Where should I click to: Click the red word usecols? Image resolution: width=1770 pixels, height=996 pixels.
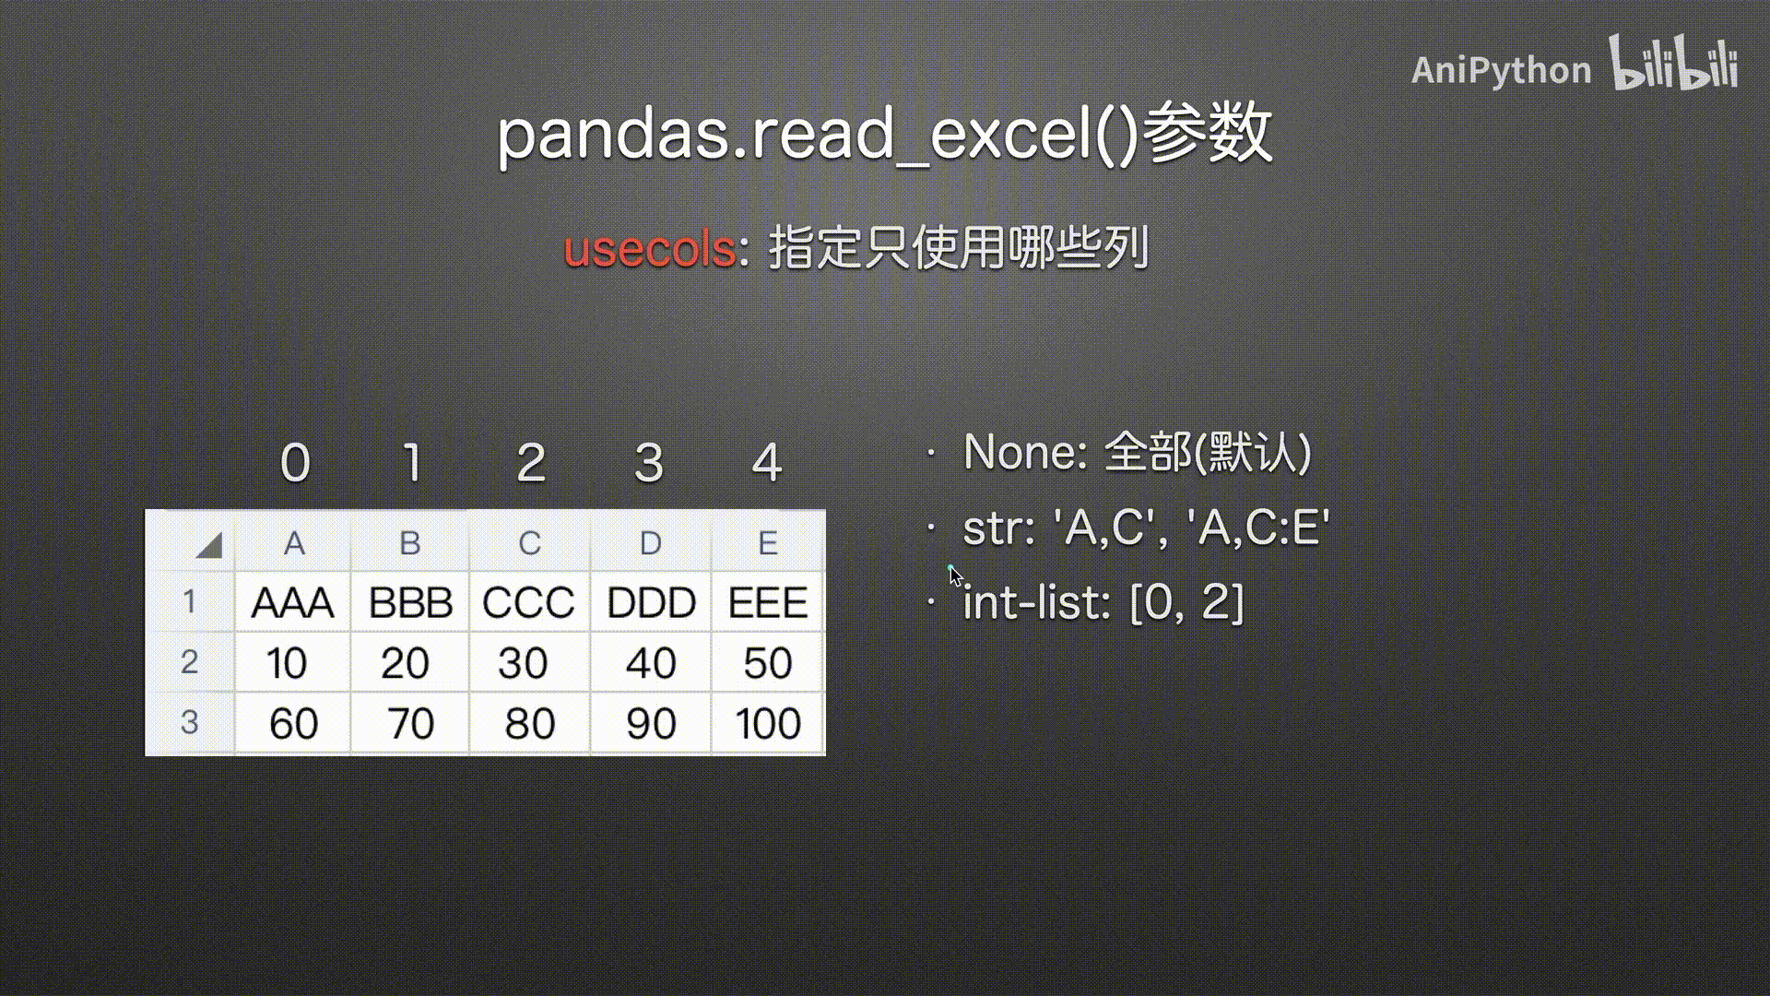pyautogui.click(x=649, y=249)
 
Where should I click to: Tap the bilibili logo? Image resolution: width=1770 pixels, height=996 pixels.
pyautogui.click(x=1673, y=63)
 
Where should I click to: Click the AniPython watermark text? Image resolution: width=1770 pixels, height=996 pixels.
pyautogui.click(x=1501, y=70)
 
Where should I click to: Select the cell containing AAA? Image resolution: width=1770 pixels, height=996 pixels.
pyautogui.click(x=292, y=602)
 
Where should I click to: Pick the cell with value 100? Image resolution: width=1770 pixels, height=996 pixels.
pyautogui.click(x=768, y=723)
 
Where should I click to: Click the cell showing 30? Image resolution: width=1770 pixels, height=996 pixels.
pyautogui.click(x=529, y=663)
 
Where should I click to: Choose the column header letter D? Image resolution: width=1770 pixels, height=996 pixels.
pyautogui.click(x=650, y=543)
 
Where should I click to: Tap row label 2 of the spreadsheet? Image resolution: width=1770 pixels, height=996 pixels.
pyautogui.click(x=189, y=661)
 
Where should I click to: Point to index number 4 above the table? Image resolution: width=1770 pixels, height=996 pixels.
pyautogui.click(x=767, y=462)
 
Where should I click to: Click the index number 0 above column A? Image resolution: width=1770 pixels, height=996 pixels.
pyautogui.click(x=295, y=462)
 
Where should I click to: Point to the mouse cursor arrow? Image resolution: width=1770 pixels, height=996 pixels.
pyautogui.click(x=956, y=576)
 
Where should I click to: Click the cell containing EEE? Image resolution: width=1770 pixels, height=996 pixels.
pyautogui.click(x=768, y=602)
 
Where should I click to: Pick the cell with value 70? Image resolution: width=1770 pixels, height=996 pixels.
pyautogui.click(x=410, y=723)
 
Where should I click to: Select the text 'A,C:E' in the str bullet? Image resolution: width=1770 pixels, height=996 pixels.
pyautogui.click(x=1259, y=527)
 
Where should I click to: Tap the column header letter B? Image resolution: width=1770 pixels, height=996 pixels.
pyautogui.click(x=410, y=543)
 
